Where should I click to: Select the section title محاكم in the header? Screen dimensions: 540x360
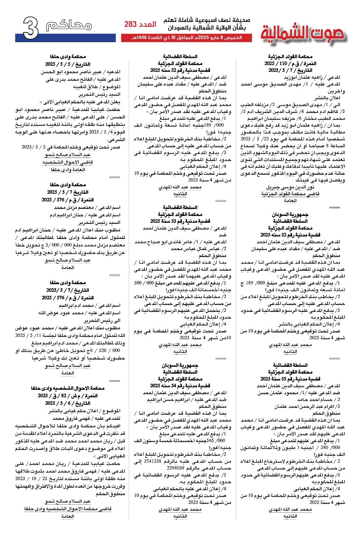pyautogui.click(x=69, y=25)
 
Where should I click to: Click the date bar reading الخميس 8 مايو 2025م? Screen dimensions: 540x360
pyautogui.click(x=186, y=37)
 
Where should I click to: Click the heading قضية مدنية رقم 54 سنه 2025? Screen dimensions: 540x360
pyautogui.click(x=180, y=385)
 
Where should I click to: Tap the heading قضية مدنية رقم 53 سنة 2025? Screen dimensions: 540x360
pyautogui.click(x=180, y=221)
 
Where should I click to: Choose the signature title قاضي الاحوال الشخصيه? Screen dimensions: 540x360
pyautogui.click(x=68, y=162)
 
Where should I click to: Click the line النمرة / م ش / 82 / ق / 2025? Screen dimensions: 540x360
pyautogui.click(x=68, y=396)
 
